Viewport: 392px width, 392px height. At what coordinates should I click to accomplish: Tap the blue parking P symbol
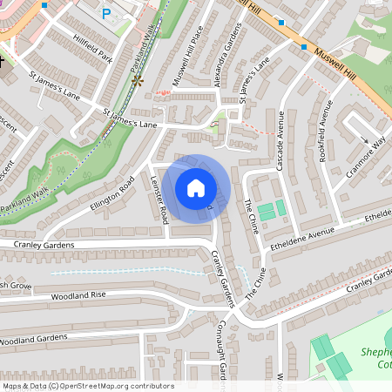[x=107, y=14]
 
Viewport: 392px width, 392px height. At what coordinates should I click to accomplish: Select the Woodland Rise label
[x=79, y=295]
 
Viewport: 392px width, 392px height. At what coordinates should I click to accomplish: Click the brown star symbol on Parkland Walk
[x=137, y=80]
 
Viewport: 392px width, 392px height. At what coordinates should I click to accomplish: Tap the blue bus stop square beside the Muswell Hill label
[x=304, y=46]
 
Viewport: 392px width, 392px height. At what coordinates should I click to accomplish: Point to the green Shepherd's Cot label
[x=375, y=358]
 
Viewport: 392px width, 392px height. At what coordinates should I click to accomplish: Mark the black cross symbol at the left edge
[x=3, y=62]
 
